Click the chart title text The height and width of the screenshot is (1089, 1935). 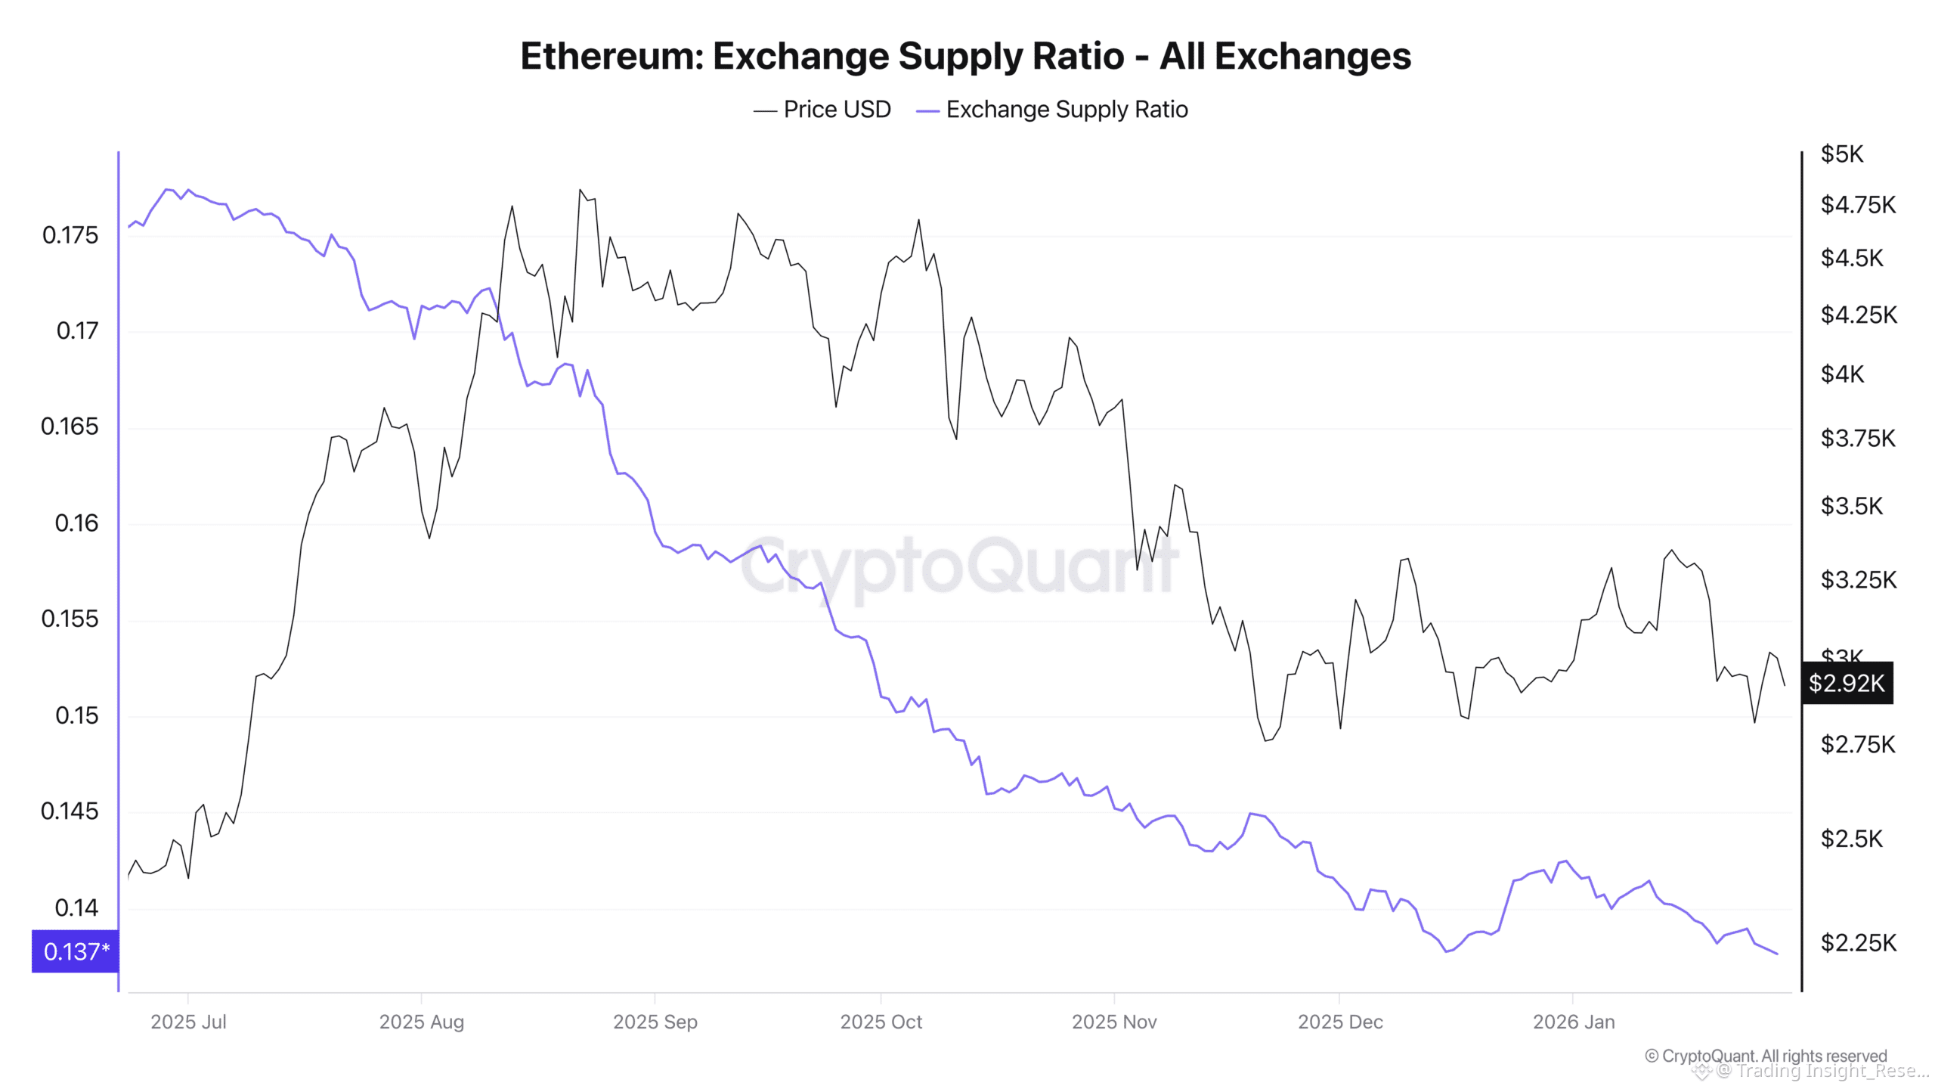click(x=965, y=56)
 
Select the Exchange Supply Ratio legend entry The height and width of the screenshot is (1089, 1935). click(x=1052, y=110)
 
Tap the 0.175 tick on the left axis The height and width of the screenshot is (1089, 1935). click(x=70, y=235)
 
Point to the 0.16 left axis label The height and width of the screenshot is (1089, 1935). click(x=76, y=523)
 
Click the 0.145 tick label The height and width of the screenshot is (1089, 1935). click(x=70, y=811)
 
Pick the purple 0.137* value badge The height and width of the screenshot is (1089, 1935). click(x=76, y=951)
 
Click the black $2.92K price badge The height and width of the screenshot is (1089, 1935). click(x=1847, y=683)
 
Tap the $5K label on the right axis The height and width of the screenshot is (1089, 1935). click(x=1842, y=154)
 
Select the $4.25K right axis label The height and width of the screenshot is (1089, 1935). click(x=1859, y=315)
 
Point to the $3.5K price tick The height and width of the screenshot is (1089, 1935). click(x=1851, y=505)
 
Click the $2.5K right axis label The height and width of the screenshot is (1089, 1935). click(x=1851, y=838)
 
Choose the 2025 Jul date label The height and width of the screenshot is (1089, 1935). click(x=188, y=1022)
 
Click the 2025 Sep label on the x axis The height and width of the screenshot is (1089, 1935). click(x=655, y=1022)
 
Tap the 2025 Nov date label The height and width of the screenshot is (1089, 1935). click(x=1113, y=1022)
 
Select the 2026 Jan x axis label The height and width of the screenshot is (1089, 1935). click(x=1573, y=1022)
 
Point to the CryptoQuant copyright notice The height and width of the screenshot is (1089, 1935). click(x=1766, y=1056)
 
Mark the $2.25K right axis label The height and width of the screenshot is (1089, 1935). click(x=1859, y=942)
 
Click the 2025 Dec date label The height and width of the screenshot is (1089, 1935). click(x=1340, y=1022)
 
